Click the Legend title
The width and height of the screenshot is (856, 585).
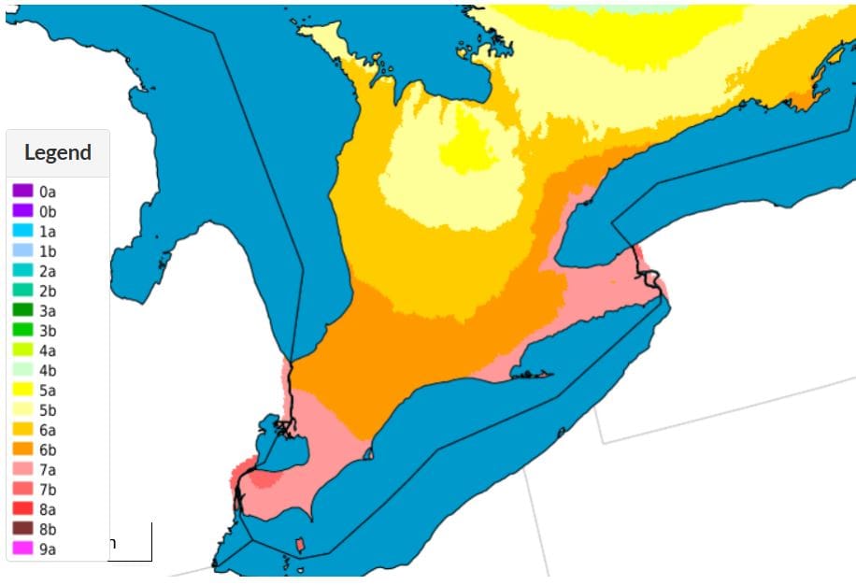coord(58,152)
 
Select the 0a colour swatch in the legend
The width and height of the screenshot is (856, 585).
coord(22,191)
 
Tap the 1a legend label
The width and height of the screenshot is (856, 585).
coord(48,231)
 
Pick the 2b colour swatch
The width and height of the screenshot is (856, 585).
coord(22,291)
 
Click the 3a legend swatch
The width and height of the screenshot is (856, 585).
coord(22,310)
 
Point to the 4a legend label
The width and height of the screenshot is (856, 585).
coord(48,350)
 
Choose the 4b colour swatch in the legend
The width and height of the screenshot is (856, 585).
coord(22,370)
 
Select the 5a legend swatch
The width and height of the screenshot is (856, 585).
coord(22,390)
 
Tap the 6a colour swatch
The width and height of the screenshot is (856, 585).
coord(22,430)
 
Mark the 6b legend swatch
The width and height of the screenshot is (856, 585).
coord(22,449)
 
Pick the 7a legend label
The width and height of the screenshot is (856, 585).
coord(48,469)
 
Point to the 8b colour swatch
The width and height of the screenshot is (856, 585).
coord(22,529)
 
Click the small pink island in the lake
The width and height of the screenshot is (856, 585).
coord(300,544)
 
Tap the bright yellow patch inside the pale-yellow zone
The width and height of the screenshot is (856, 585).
coord(467,150)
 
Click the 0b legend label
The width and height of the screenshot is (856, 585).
coord(48,211)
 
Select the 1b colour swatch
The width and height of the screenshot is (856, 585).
coord(22,250)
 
